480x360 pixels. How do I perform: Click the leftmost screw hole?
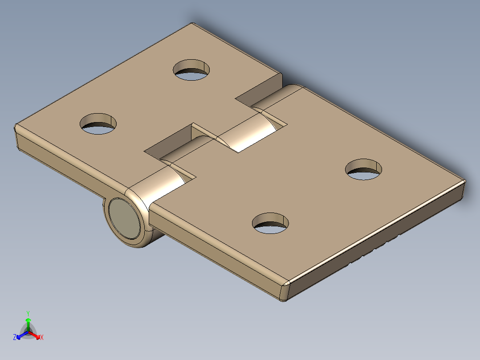point(98,123)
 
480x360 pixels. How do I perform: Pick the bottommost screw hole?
point(270,223)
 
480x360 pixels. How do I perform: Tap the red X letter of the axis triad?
point(42,337)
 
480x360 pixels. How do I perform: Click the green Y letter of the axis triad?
point(28,313)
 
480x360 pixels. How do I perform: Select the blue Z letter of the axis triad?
point(15,337)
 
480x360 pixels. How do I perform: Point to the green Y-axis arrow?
point(28,323)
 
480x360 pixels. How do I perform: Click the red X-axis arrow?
point(35,334)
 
